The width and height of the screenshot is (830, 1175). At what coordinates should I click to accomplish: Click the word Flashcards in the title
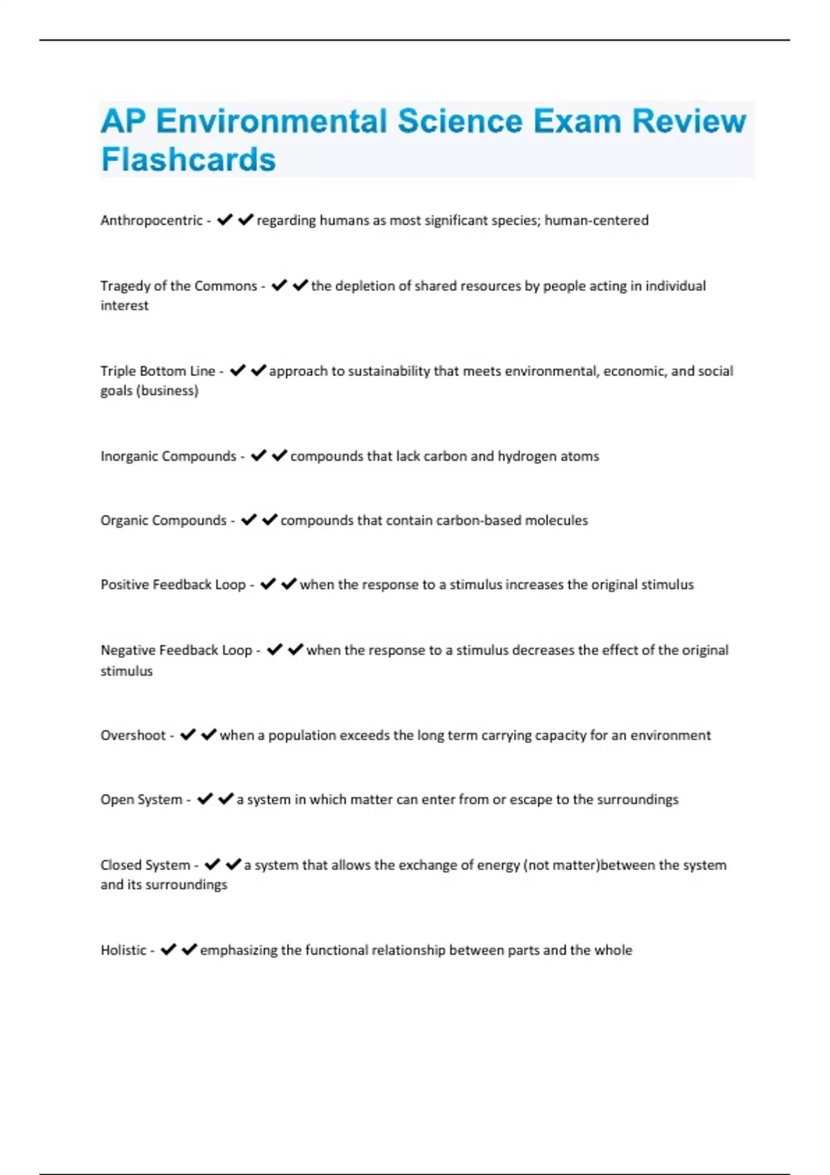(188, 160)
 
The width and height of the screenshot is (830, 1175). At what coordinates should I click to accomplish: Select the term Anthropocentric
(151, 220)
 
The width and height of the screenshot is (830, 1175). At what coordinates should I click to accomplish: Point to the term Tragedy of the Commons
(178, 286)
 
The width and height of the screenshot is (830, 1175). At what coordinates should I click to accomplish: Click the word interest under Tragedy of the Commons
(124, 305)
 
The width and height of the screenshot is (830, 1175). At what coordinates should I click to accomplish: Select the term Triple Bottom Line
(158, 371)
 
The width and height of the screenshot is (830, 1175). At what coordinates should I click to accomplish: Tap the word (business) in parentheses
(167, 391)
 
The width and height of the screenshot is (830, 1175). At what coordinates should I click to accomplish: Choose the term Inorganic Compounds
(168, 456)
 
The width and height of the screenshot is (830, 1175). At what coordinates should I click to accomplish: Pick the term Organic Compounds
(163, 520)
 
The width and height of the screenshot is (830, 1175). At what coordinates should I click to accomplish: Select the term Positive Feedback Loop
(173, 585)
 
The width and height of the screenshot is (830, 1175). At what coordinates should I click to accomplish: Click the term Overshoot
(133, 735)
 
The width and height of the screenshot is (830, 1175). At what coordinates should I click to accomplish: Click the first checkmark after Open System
(205, 799)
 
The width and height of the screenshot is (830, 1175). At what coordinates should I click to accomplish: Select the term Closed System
(145, 865)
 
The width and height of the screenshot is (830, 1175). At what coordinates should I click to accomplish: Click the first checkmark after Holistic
(168, 950)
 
